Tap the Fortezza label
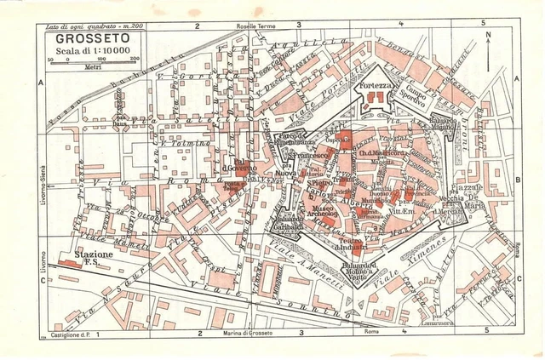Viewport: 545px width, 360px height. (376, 87)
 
